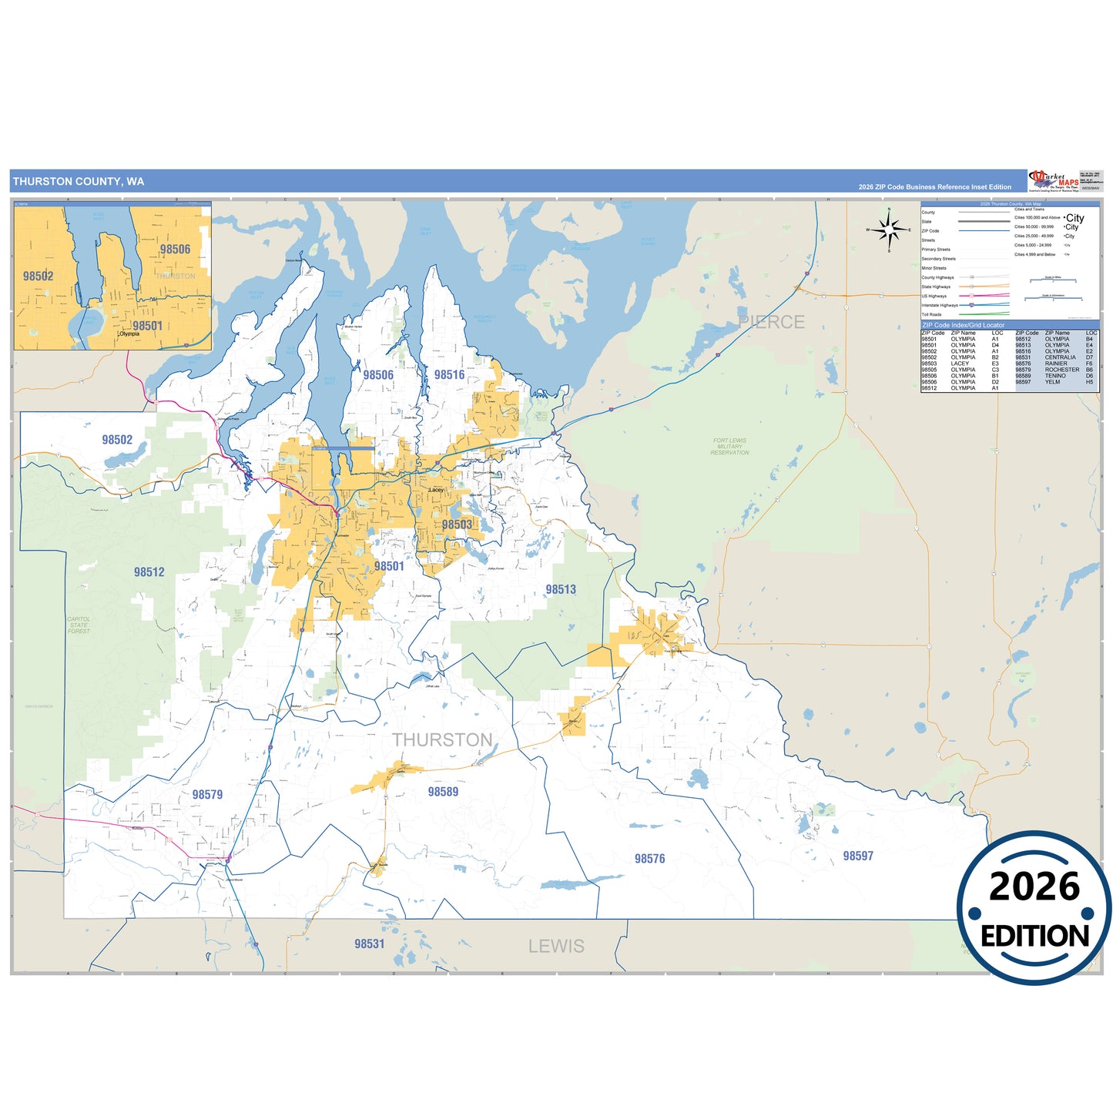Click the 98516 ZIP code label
coord(449,375)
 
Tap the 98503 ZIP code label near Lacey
coord(457,525)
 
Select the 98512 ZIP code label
coord(149,572)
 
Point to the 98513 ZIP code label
coord(561,589)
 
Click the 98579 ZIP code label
coord(207,795)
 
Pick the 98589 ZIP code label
coord(443,792)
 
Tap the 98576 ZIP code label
coord(649,859)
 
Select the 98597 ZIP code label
coord(857,856)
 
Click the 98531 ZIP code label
coord(369,944)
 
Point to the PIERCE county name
coord(771,322)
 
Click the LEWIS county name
coord(556,946)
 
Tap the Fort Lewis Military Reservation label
coord(729,447)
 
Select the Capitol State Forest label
coord(79,625)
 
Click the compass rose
coord(889,230)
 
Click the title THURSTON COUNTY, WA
coord(79,182)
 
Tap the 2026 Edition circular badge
coord(1034,908)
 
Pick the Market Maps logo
coord(1053,181)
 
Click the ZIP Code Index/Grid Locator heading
coord(963,325)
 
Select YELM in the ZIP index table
coord(1052,382)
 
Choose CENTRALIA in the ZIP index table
coord(1060,357)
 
